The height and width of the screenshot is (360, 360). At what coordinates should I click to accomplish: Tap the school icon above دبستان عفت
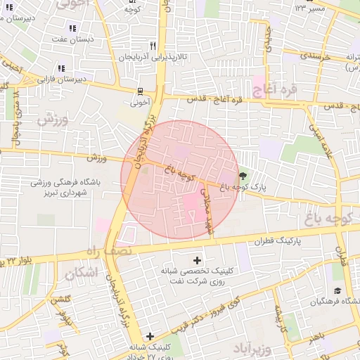[71, 28]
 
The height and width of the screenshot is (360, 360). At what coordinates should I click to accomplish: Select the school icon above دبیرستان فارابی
[61, 68]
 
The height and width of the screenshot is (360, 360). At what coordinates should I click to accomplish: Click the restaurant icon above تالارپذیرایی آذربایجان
[153, 44]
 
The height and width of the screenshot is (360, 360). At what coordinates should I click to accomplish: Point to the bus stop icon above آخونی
[140, 91]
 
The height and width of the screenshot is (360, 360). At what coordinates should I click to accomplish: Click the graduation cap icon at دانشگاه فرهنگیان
[337, 291]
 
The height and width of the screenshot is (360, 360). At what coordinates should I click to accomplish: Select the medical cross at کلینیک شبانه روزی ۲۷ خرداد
[149, 336]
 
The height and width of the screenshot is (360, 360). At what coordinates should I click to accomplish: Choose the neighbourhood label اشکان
[81, 273]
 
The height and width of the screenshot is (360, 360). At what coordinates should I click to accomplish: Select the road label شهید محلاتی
[207, 210]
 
